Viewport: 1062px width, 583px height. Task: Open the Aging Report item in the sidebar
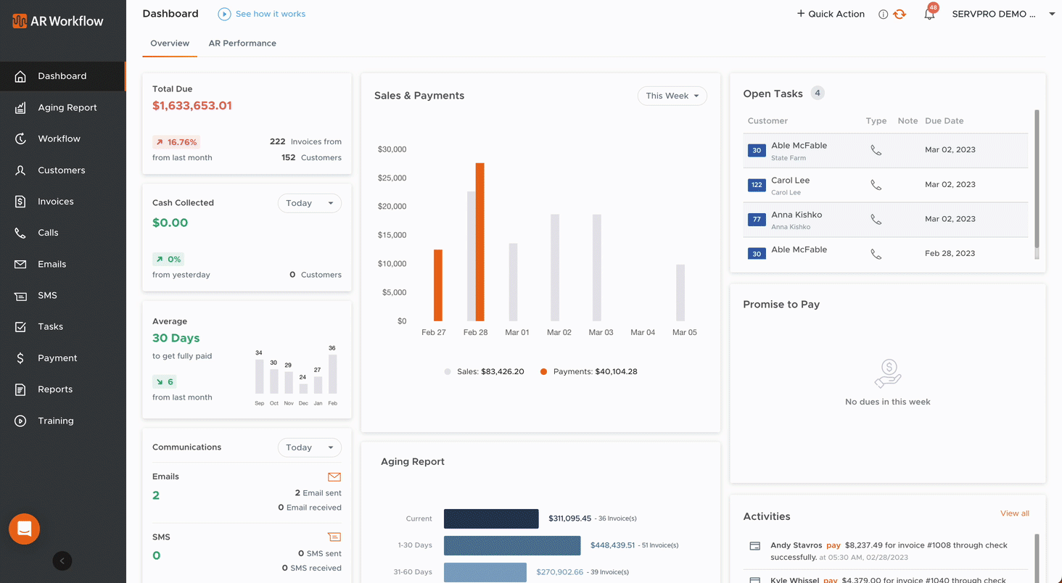point(67,107)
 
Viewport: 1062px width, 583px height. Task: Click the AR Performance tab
point(242,44)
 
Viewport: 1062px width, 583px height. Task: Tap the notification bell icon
point(929,14)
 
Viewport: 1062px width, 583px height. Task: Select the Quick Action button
point(831,14)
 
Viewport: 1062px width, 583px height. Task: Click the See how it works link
point(270,14)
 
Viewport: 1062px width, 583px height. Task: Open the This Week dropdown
point(672,96)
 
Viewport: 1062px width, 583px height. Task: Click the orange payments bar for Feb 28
point(479,241)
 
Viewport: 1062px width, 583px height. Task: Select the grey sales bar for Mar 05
point(680,292)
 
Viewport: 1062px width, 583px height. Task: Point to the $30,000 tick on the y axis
point(392,149)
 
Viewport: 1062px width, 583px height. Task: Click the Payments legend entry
point(588,371)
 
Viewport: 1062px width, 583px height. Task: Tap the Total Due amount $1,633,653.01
point(192,106)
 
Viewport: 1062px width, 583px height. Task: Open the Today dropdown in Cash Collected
point(309,203)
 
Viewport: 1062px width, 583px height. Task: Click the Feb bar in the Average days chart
point(333,374)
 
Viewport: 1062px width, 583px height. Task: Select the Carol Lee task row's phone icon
point(876,185)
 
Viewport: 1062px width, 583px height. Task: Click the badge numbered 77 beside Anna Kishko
point(757,220)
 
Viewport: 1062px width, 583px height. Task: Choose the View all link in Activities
point(1014,513)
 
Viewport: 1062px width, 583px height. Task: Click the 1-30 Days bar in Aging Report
point(512,545)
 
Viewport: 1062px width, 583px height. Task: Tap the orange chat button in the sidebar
point(24,529)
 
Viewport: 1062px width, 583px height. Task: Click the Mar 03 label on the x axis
point(601,332)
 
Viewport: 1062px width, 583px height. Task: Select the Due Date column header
point(944,121)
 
